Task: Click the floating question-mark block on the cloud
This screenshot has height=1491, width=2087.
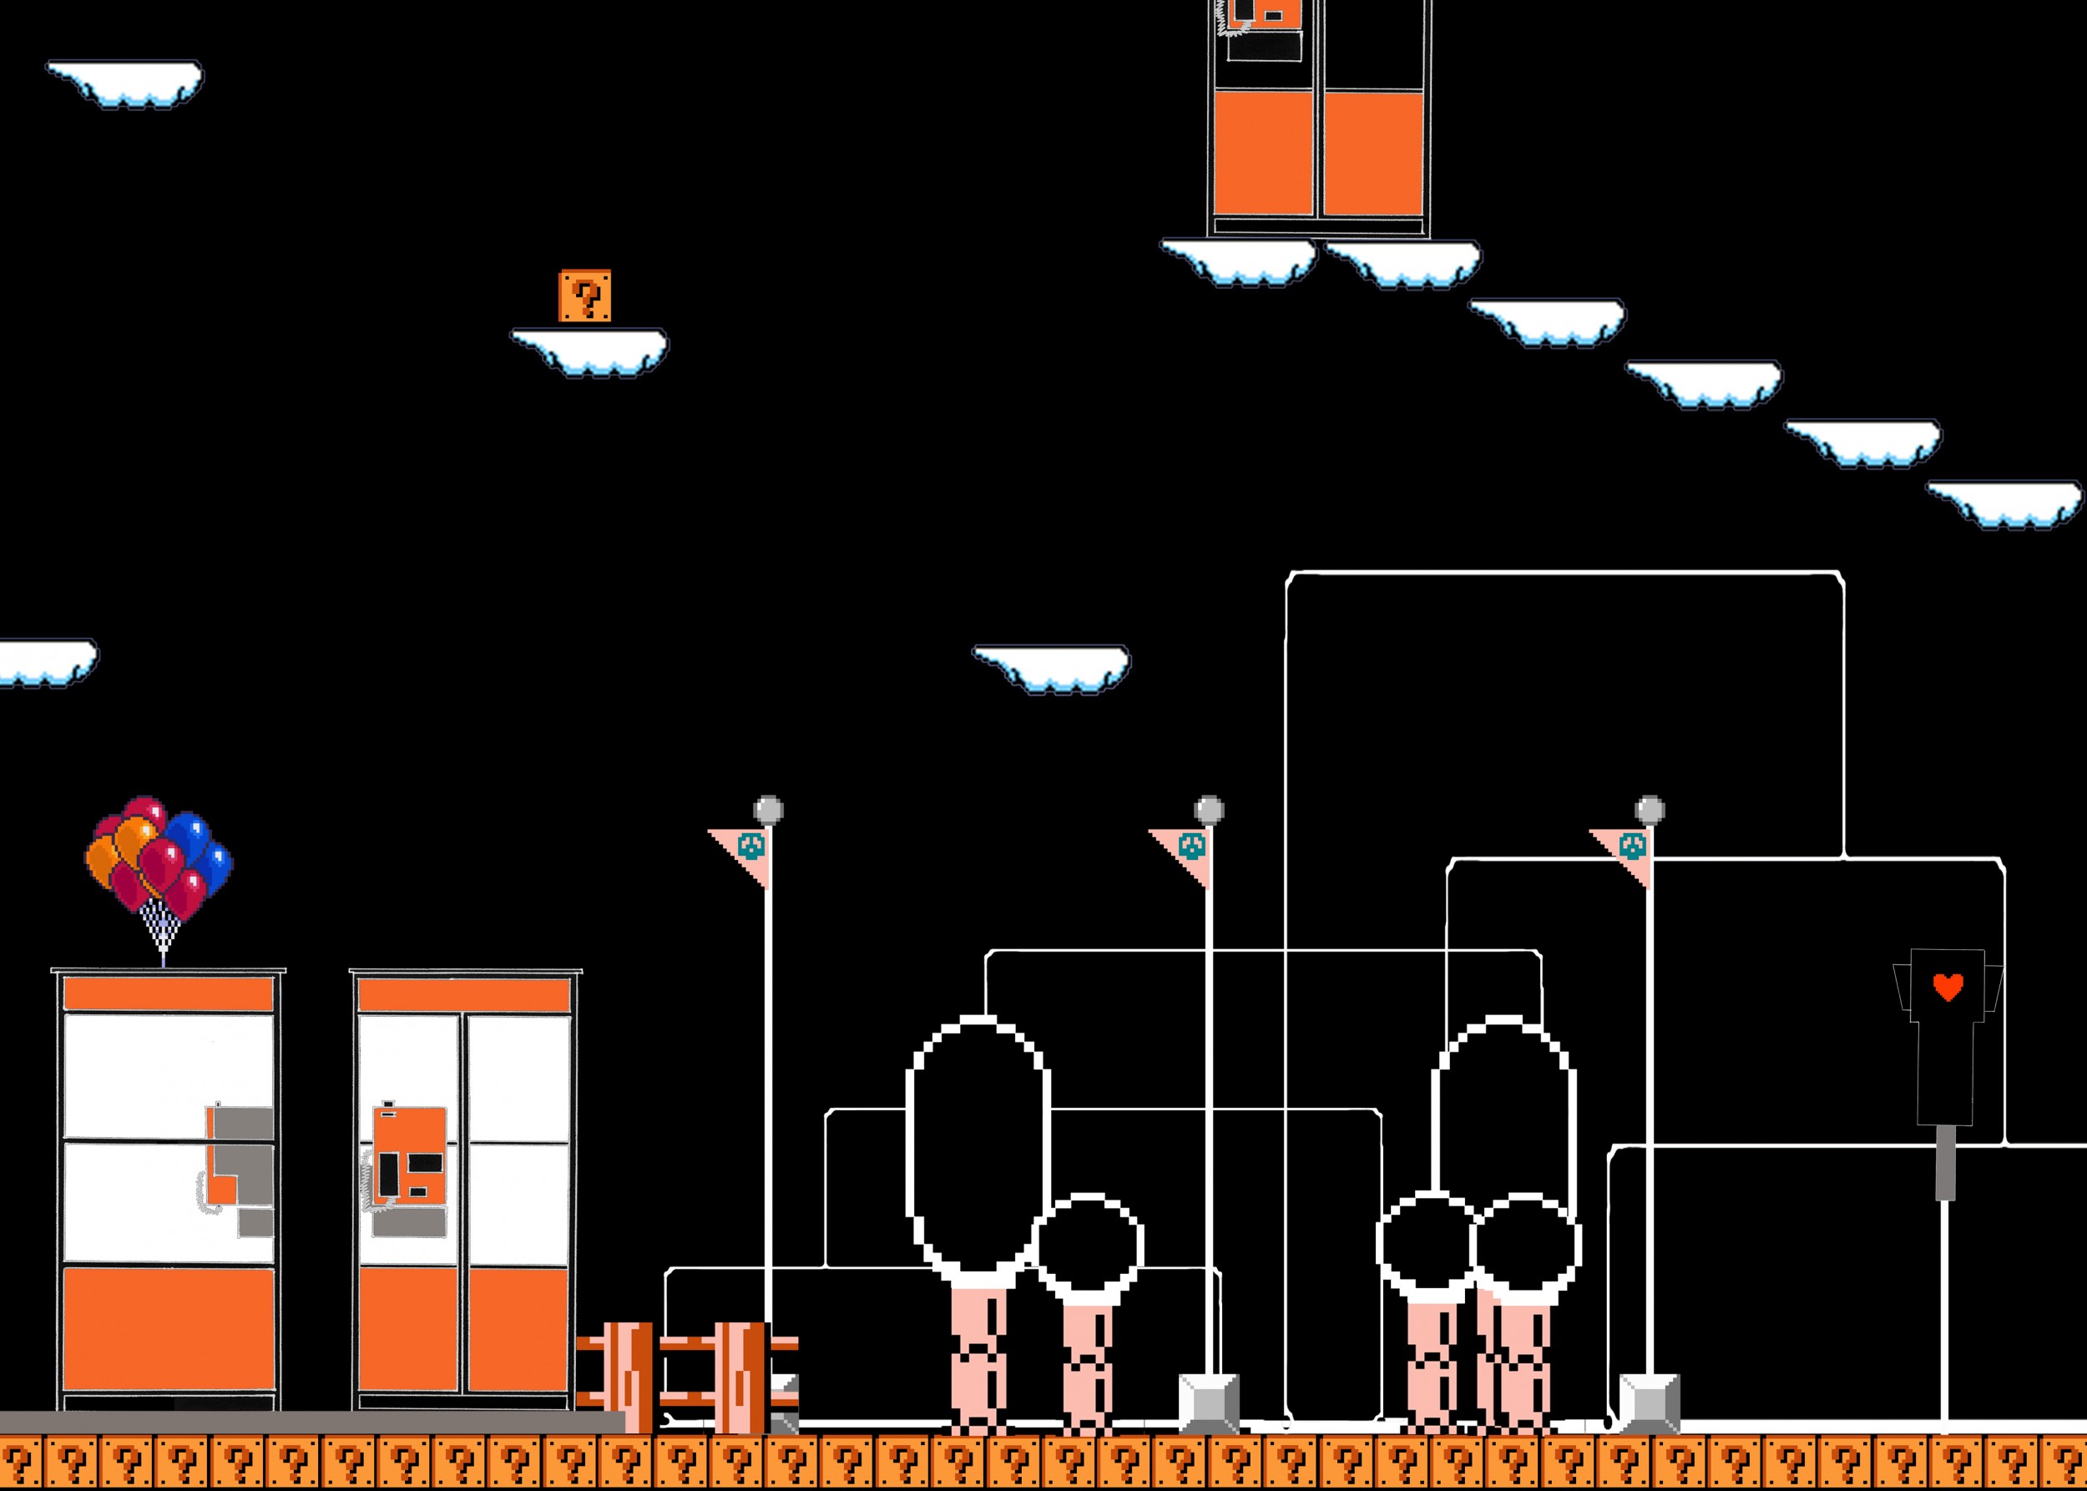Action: (x=585, y=296)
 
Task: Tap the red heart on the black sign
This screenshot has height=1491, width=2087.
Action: (x=1948, y=987)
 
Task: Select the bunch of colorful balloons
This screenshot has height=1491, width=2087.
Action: (x=159, y=859)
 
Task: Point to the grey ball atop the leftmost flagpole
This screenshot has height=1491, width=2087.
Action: (x=769, y=810)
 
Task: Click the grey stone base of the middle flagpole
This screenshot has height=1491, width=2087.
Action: (x=1208, y=1402)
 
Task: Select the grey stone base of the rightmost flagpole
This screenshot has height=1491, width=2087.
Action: (x=1649, y=1402)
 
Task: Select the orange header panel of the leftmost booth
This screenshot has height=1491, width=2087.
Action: (x=168, y=994)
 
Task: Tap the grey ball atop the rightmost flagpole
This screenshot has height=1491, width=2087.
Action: (x=1650, y=810)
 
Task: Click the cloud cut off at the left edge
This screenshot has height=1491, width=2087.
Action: (x=44, y=660)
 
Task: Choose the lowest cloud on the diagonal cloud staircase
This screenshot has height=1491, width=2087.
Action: (x=2004, y=503)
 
